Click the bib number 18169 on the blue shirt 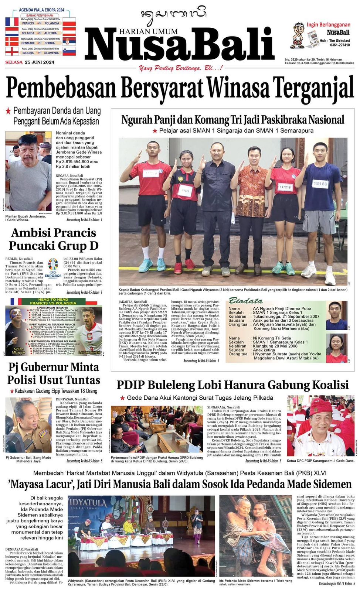click(320, 183)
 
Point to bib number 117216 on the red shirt click(285, 187)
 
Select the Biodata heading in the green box click(245, 300)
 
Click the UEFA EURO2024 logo click(53, 269)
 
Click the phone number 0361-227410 click(340, 45)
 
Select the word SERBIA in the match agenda click(50, 43)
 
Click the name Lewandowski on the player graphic click(89, 352)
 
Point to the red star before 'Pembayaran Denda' click(8, 110)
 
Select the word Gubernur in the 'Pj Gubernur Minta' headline click(45, 367)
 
